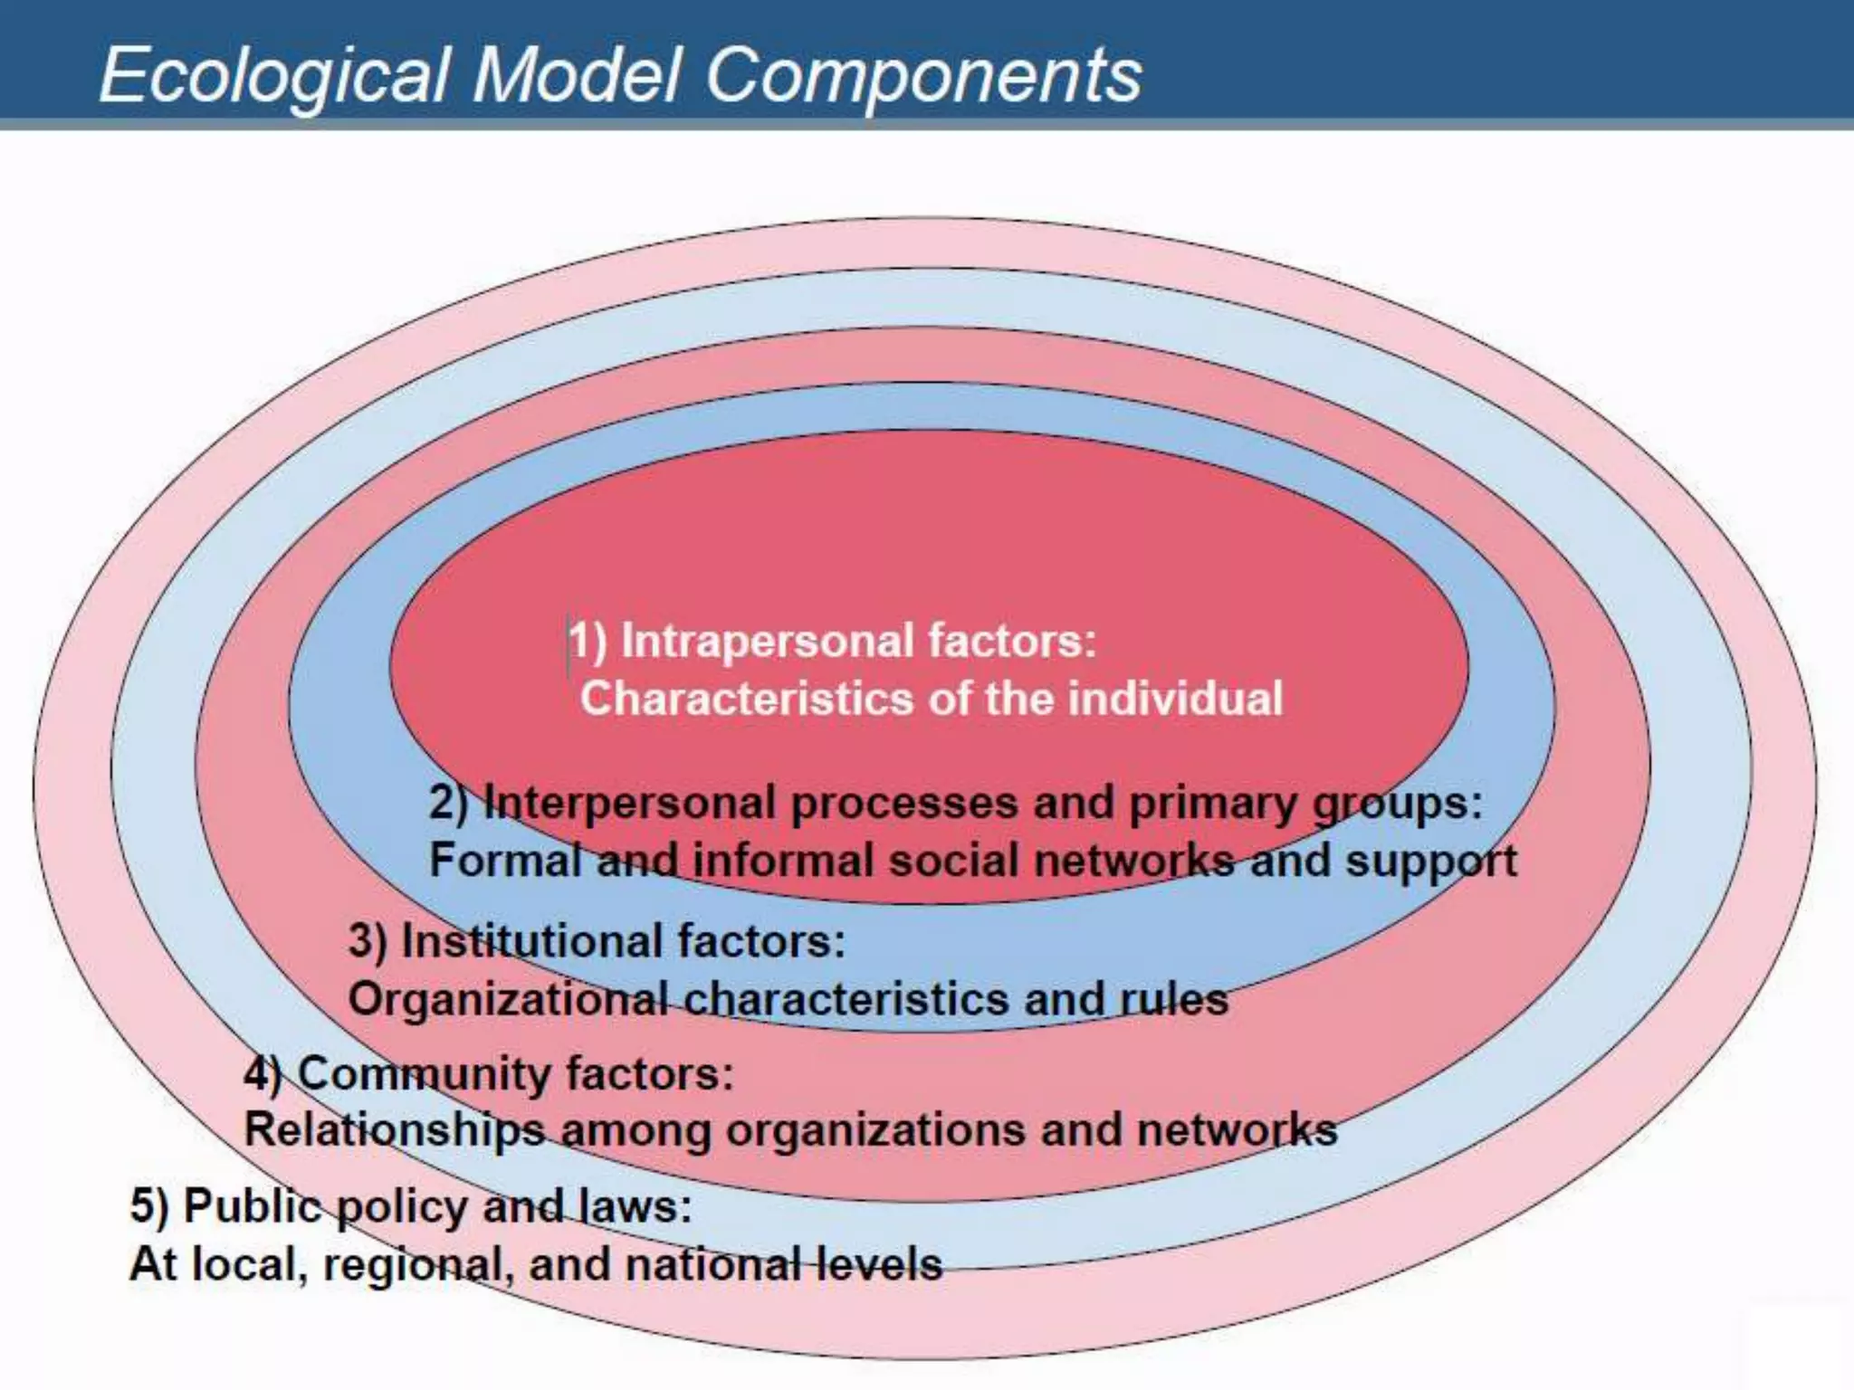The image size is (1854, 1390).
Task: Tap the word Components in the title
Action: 922,76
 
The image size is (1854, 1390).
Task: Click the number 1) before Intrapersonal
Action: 588,641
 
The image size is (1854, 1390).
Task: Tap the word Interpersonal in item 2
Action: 630,803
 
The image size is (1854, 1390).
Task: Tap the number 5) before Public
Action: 149,1206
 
